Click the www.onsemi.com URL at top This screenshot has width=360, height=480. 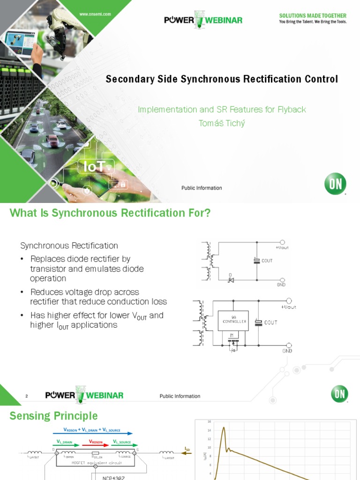pos(95,15)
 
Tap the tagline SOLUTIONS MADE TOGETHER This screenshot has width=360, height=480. pos(313,16)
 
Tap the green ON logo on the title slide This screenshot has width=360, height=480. pos(336,184)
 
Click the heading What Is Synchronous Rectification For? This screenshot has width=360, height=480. pos(110,213)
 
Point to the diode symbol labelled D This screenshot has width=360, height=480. pos(231,279)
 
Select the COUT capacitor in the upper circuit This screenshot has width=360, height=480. pos(256,260)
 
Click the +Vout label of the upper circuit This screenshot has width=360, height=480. pos(282,247)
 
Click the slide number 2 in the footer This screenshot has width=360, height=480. pos(27,396)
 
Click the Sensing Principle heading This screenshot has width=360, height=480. pos(54,416)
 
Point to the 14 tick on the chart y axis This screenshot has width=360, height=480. pos(210,430)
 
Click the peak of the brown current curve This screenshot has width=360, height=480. pos(224,427)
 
